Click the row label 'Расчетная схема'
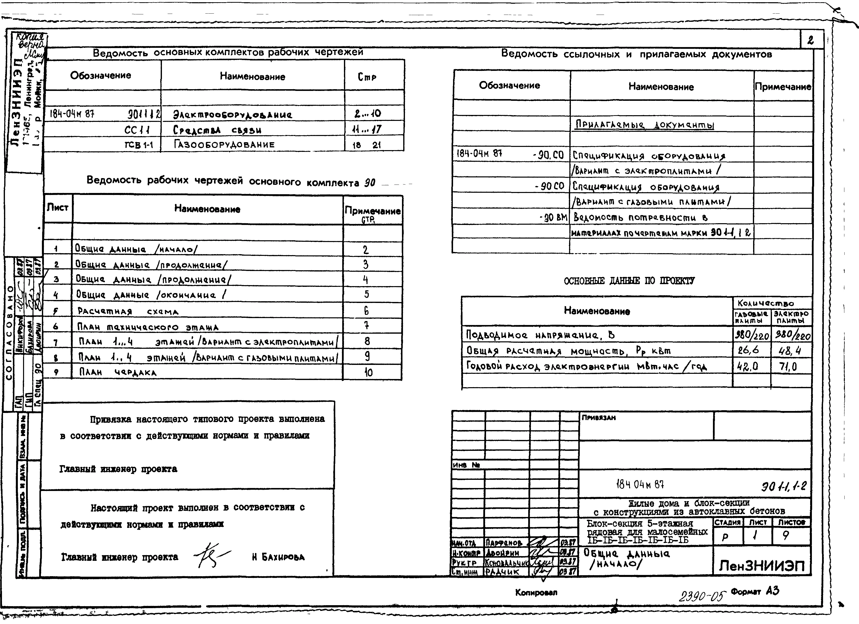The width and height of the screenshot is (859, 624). point(128,311)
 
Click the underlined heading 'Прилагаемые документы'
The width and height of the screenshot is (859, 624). point(644,125)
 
